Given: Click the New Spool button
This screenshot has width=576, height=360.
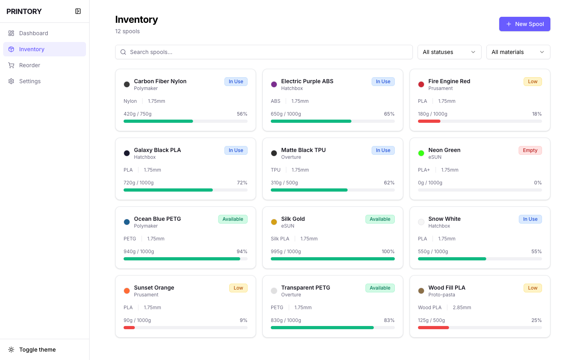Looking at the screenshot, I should coord(524,24).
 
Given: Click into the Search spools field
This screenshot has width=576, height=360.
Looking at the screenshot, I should coord(264,52).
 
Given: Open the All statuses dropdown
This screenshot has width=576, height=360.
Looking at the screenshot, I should coord(449,52).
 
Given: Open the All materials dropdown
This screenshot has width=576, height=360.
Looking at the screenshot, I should coord(518,52).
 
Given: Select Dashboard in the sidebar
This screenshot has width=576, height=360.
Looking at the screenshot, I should coord(34,33).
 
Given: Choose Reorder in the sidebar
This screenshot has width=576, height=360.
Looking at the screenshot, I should coord(30,65).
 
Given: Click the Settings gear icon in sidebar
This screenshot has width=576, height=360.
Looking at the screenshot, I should coord(11,81).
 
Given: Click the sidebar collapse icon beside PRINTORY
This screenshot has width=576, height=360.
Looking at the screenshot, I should coord(78,11).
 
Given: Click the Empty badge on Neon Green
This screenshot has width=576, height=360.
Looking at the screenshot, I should coord(530,150).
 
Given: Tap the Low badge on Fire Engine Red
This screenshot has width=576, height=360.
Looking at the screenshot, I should coord(532,82).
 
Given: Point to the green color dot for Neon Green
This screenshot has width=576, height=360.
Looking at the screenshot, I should coord(421,153).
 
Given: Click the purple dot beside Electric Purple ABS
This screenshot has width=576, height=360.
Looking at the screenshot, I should coord(274,84).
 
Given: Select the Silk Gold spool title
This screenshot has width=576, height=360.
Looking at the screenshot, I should coord(293,219).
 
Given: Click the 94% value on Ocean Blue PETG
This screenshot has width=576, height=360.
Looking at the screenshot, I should coord(242,252).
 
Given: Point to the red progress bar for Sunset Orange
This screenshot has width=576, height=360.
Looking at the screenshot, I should coord(129,328).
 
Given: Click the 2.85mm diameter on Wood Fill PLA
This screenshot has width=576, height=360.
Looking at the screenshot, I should coord(462,308).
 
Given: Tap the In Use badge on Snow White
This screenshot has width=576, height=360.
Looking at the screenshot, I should coord(530,219).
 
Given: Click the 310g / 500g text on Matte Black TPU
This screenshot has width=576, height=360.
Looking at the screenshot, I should coord(284,183).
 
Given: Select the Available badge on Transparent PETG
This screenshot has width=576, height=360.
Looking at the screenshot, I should coord(380,288).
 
